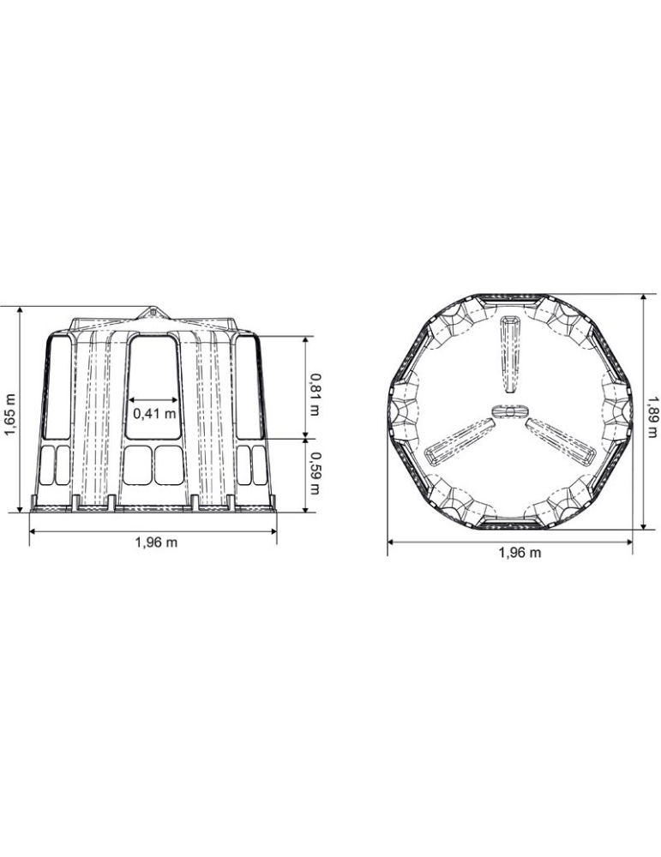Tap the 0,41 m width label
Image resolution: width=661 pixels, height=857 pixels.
(154, 413)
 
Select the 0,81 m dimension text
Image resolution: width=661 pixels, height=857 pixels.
(314, 394)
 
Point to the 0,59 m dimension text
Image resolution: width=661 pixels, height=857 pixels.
(314, 473)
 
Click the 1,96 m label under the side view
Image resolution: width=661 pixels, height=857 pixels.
(156, 542)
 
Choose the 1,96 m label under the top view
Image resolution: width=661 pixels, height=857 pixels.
(520, 553)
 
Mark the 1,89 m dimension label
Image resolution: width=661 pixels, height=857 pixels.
(652, 417)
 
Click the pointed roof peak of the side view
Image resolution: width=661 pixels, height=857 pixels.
(153, 310)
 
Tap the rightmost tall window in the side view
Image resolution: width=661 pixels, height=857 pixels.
(249, 387)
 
